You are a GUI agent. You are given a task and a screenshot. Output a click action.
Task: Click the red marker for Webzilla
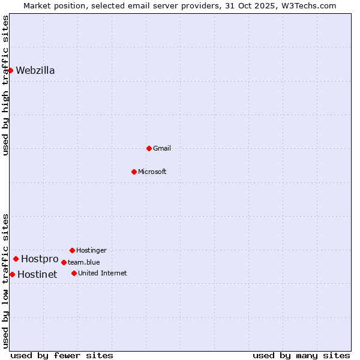(10, 70)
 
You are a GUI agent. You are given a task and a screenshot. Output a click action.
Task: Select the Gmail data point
(149, 148)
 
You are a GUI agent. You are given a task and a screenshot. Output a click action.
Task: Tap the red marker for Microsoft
(134, 172)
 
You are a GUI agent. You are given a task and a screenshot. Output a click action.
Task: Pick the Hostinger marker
(72, 250)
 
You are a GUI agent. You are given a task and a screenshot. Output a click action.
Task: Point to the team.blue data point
(64, 262)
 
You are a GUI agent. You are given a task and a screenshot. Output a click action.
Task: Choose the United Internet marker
(74, 273)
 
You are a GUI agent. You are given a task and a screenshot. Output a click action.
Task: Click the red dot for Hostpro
(16, 259)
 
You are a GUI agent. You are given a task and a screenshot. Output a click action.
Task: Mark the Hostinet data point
(12, 274)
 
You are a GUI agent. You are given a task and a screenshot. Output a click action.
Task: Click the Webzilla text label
(35, 71)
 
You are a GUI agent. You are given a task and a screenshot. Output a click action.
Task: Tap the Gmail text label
(162, 148)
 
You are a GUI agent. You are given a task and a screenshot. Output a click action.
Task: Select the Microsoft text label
(152, 172)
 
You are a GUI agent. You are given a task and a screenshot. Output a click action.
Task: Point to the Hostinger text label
(91, 250)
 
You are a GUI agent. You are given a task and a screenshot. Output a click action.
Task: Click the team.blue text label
(84, 262)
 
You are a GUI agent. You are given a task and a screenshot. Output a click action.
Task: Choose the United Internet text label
(103, 273)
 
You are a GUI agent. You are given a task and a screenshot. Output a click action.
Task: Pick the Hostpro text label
(40, 259)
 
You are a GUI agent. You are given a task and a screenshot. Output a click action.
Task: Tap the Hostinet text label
(37, 275)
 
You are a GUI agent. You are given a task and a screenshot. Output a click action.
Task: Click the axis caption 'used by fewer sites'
(62, 355)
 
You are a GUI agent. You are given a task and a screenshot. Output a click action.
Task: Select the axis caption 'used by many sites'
(301, 355)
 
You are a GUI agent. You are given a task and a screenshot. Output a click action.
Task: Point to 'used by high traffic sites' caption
(5, 85)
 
